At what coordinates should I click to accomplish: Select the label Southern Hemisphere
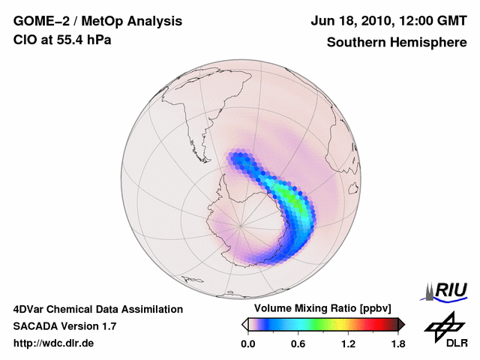click(396, 43)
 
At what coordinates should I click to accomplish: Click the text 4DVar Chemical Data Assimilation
click(98, 309)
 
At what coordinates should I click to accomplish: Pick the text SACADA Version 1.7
click(64, 326)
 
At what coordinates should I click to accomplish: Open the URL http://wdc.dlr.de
click(54, 343)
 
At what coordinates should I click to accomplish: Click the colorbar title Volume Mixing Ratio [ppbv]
click(323, 309)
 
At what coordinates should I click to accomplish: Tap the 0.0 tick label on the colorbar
click(248, 343)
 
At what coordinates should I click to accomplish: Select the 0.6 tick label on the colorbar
click(298, 343)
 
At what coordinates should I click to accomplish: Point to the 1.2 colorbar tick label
click(348, 343)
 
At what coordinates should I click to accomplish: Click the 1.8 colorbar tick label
click(397, 343)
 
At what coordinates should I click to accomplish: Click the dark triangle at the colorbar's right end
click(401, 324)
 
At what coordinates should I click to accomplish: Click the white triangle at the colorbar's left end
click(245, 324)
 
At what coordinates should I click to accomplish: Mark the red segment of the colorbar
click(379, 324)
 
